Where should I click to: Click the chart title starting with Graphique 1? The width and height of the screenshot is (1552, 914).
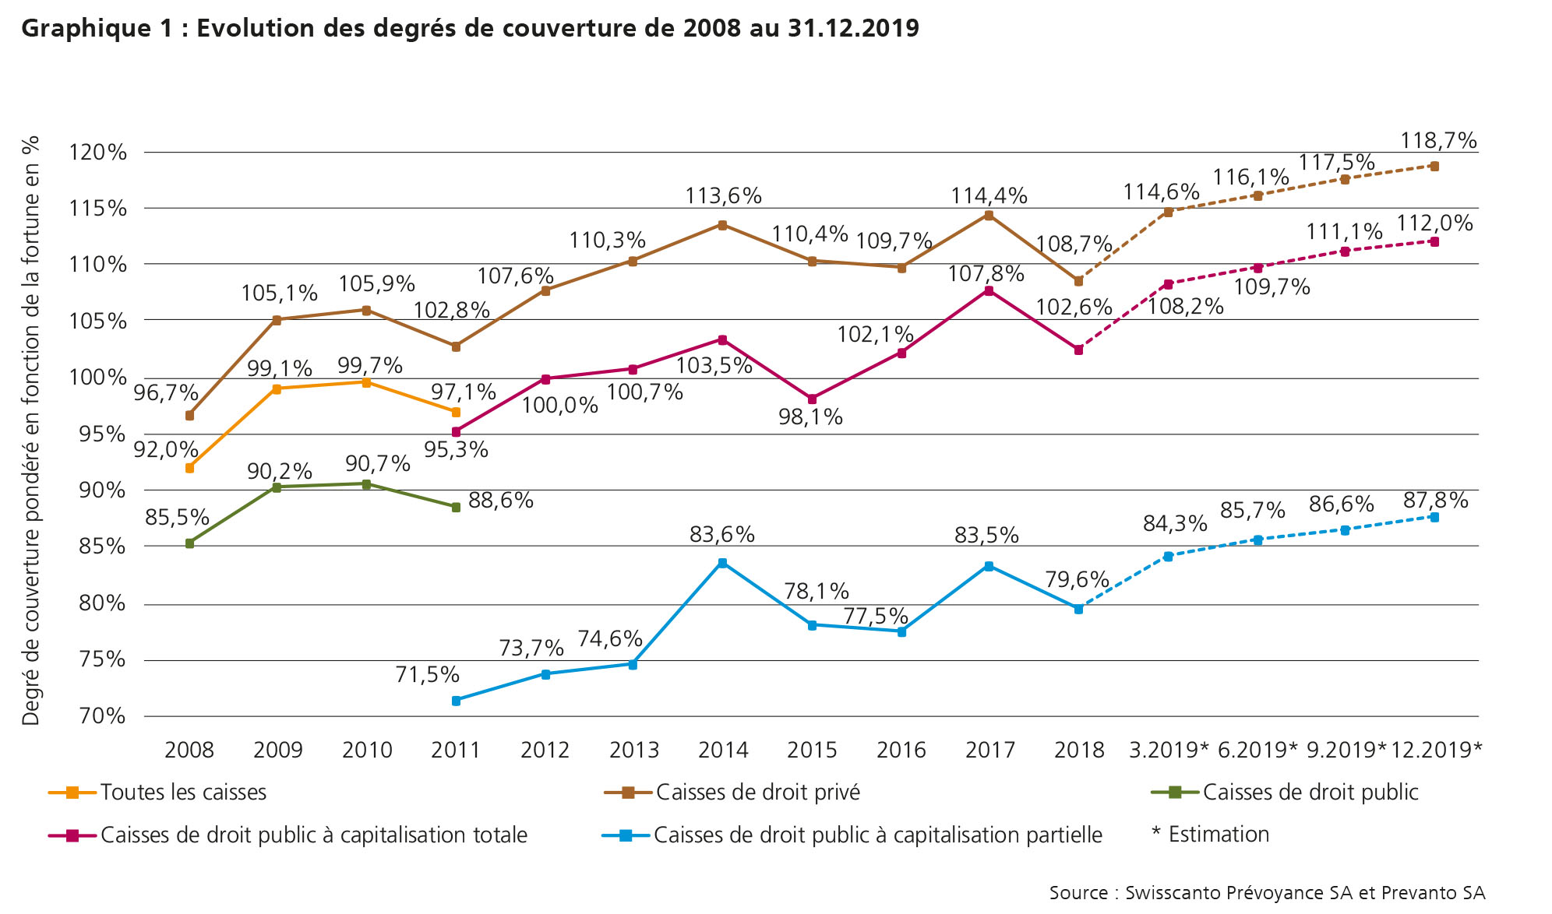coord(470,29)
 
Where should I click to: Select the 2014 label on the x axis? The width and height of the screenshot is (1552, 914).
coord(723,751)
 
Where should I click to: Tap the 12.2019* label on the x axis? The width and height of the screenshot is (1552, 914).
coord(1436,751)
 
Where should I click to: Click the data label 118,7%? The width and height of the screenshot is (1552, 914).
coord(1438,141)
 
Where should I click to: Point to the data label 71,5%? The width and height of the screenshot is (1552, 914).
coord(427,675)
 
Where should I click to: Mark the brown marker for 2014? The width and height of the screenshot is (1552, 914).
coord(722,225)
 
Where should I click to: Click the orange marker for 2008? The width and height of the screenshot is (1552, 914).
coord(189,468)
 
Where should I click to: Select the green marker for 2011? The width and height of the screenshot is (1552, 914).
coord(456,507)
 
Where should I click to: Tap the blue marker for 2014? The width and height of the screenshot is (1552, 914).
coord(722,563)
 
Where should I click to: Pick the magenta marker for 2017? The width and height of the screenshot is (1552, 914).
coord(989,290)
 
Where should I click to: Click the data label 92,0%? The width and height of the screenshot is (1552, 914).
coord(166,450)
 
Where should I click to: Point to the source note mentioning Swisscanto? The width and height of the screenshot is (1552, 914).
coord(1267,893)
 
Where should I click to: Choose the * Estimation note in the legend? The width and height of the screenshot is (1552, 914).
coord(1210,835)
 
